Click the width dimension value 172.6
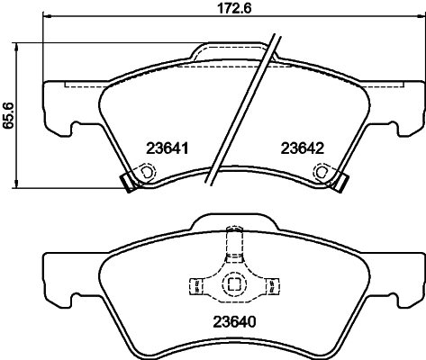(x=213, y=9)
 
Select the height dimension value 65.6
(x=9, y=115)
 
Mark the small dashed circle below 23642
(x=327, y=172)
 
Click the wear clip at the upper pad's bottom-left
(x=127, y=181)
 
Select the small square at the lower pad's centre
(x=233, y=285)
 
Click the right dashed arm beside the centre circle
(x=271, y=286)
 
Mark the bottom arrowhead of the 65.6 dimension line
(x=20, y=184)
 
